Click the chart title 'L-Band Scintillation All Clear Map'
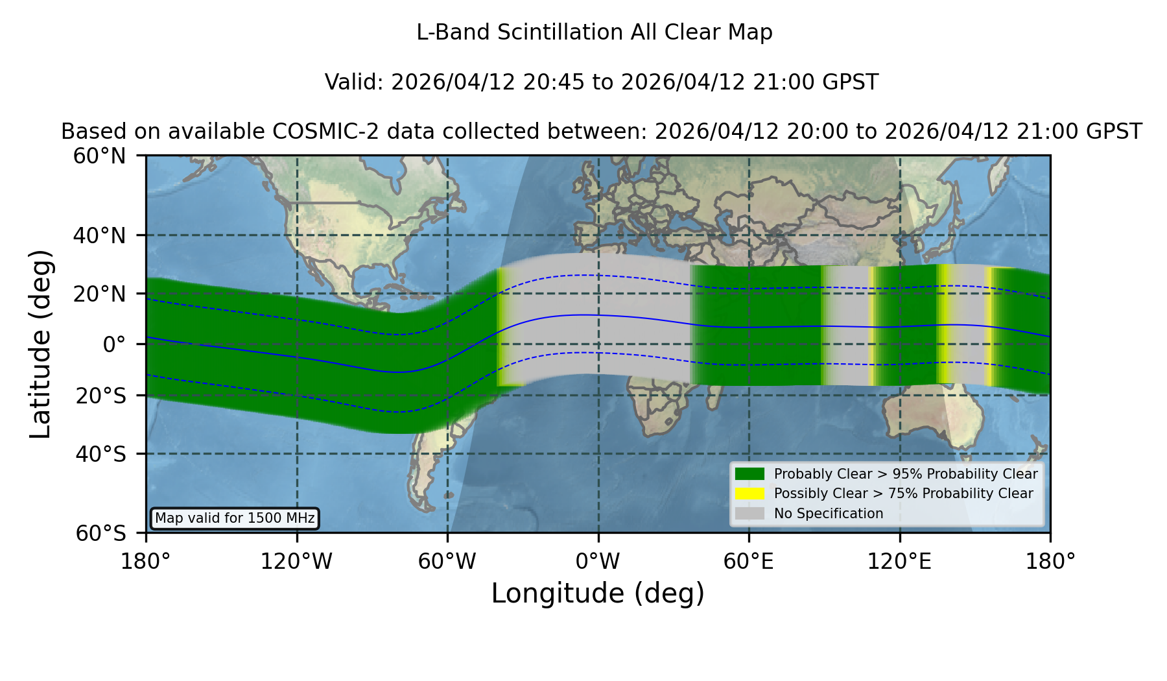(x=595, y=32)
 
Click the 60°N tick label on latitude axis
(x=99, y=156)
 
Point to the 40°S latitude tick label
(x=100, y=454)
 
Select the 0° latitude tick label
(x=115, y=344)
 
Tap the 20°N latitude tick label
(x=99, y=294)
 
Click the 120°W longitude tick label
(x=296, y=562)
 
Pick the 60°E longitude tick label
(x=749, y=562)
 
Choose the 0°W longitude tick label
(x=598, y=562)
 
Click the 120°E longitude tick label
(x=900, y=562)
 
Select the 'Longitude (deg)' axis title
(x=598, y=593)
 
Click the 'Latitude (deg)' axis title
(x=41, y=344)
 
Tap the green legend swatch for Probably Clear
(x=750, y=474)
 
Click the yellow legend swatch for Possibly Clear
(x=750, y=494)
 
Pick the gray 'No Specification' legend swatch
(x=750, y=514)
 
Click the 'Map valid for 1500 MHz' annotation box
(x=235, y=518)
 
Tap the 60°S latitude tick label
(x=100, y=534)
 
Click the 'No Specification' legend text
(x=829, y=514)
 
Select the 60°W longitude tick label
(x=447, y=562)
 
